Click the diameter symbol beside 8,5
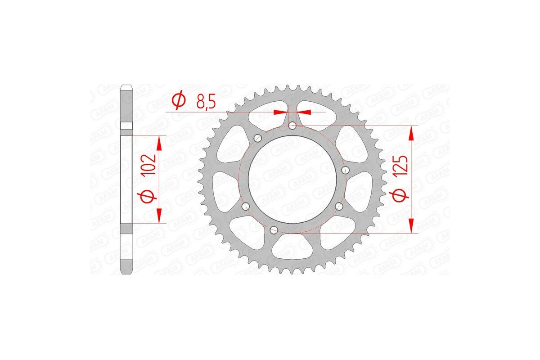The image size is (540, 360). coord(178,100)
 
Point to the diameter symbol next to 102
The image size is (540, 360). coord(150,197)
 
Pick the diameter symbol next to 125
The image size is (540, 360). coord(402,195)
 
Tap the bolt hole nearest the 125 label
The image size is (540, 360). coord(346,170)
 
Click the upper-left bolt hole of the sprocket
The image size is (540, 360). coord(258,138)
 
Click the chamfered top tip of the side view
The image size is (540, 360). coord(127,86)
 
